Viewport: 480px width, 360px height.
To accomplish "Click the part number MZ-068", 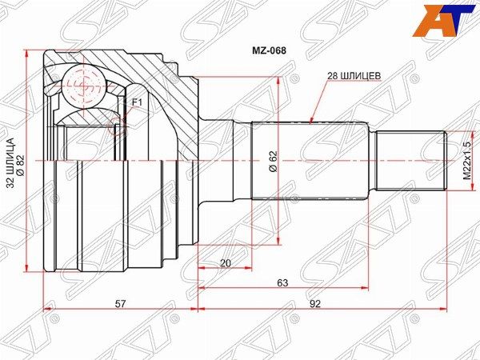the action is click(x=269, y=50).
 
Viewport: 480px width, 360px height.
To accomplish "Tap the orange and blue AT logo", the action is click(x=446, y=20).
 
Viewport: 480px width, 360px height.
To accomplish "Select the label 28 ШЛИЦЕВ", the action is click(x=354, y=76).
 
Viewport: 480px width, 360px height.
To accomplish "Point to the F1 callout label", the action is click(x=137, y=103).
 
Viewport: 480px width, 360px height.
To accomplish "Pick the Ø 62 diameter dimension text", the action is click(x=273, y=161).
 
